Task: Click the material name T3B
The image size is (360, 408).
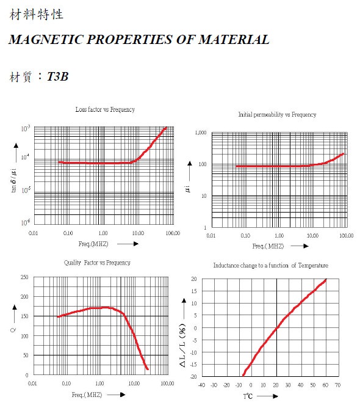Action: [58, 76]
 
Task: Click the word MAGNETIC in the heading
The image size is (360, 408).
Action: [46, 40]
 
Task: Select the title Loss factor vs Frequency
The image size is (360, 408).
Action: [105, 109]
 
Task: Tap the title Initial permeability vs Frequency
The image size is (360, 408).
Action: [277, 114]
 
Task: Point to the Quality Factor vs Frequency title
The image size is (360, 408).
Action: [97, 263]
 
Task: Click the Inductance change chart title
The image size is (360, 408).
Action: [270, 266]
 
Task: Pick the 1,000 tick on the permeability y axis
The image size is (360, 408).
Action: [201, 133]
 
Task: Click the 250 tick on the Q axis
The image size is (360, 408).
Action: [24, 277]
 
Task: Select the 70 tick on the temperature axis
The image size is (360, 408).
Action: [337, 385]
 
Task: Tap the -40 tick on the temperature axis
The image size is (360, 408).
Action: [202, 385]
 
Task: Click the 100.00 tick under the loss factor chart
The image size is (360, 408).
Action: [173, 233]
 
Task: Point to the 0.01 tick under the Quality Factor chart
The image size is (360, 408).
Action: [32, 384]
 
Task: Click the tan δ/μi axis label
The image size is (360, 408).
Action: [14, 180]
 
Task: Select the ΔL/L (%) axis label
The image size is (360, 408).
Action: [182, 345]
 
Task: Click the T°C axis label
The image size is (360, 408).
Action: [248, 396]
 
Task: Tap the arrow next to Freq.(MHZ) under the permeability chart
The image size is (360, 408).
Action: [300, 246]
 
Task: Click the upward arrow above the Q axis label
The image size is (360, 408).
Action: [15, 315]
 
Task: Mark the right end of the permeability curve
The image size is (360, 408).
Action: [343, 154]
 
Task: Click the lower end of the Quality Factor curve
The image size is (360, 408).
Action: [148, 369]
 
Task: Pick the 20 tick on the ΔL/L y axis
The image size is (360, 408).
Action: [194, 279]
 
